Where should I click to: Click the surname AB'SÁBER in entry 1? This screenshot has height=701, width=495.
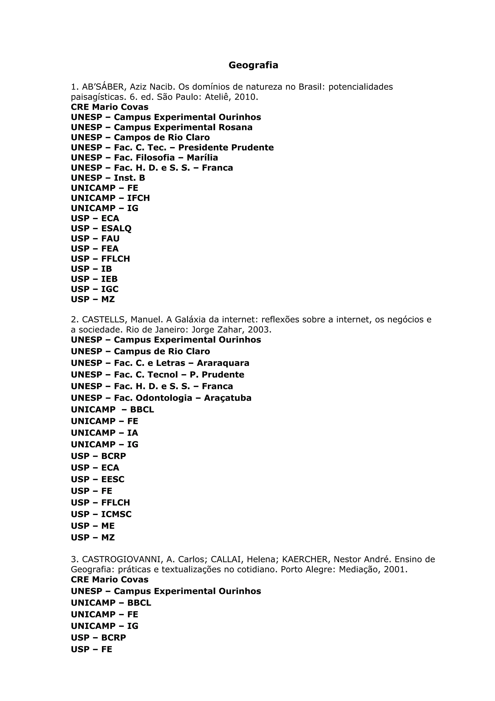tap(103, 87)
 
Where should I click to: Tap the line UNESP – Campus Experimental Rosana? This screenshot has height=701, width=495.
tap(162, 127)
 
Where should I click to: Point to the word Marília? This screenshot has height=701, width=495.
tap(202, 157)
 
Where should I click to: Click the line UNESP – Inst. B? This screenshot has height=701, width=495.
tap(108, 178)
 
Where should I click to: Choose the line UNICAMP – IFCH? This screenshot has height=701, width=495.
tap(110, 198)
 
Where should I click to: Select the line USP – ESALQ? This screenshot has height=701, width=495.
tap(101, 228)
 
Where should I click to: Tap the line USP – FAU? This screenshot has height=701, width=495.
tap(95, 239)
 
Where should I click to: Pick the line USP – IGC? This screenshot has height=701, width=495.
tap(95, 289)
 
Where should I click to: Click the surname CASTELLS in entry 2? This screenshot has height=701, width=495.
tap(103, 320)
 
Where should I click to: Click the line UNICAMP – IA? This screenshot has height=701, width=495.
tap(104, 433)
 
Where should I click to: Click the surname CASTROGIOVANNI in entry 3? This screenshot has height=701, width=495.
tap(121, 559)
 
